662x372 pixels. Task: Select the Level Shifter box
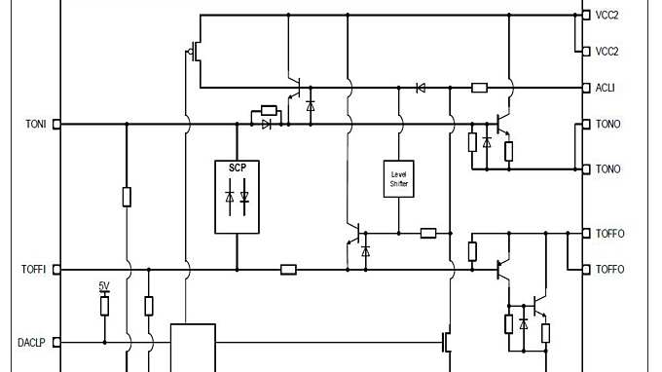pos(398,177)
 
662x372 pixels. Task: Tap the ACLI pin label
pos(606,88)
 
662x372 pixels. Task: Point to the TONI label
pos(36,124)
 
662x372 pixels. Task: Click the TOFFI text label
pos(34,269)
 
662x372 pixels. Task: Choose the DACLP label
pos(32,342)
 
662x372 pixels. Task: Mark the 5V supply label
pos(104,286)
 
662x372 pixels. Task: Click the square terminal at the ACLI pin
pos(585,88)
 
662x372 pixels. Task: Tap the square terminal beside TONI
pos(56,124)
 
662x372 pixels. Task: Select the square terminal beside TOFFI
pos(56,269)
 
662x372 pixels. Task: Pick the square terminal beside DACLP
pos(56,342)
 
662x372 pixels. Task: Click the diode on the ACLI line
pos(421,88)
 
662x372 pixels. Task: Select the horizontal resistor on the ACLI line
pos(479,88)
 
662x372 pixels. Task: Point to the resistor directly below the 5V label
pos(104,306)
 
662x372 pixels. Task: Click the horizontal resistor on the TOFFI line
pos(288,269)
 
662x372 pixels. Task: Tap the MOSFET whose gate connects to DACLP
pos(448,342)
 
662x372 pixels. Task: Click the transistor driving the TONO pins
pos(501,125)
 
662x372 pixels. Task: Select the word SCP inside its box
pos(238,167)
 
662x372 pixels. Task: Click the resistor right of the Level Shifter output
pos(428,233)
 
